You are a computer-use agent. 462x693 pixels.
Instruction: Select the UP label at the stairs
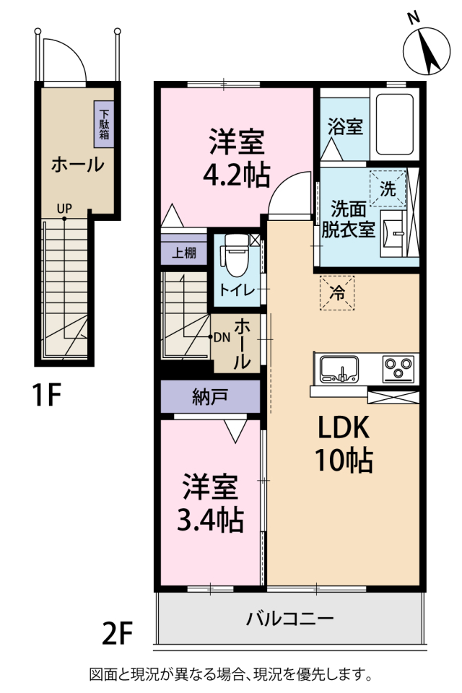[64, 209]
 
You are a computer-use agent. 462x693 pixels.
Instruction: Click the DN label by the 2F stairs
[221, 337]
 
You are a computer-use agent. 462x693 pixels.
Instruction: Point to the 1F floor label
[45, 395]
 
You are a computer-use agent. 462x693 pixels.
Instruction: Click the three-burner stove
[396, 369]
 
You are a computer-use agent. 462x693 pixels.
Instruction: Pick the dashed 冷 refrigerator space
[337, 292]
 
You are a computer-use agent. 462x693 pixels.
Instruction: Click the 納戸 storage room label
[210, 396]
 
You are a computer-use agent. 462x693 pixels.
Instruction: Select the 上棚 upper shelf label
[183, 253]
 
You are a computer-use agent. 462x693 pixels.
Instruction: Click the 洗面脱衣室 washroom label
[352, 219]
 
